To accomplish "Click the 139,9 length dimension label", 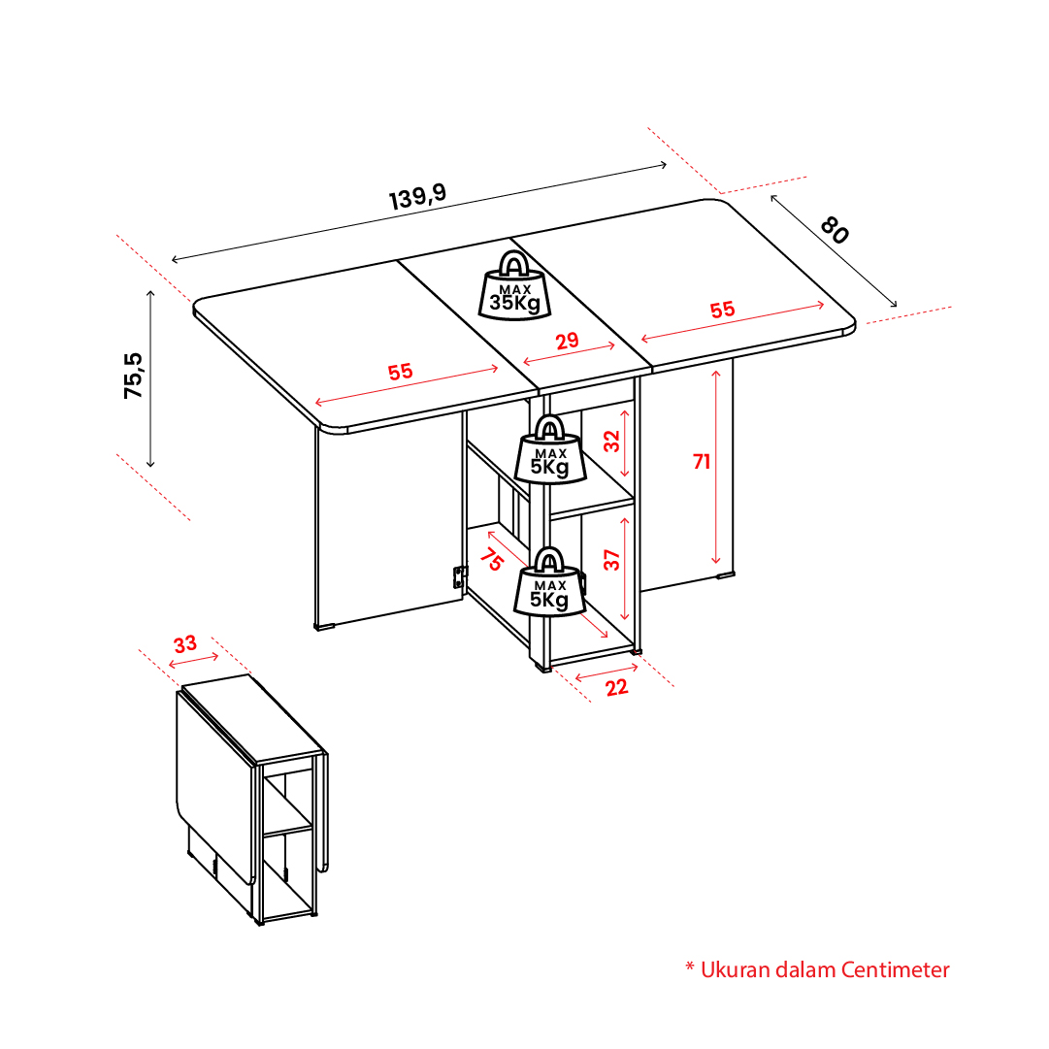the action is pyautogui.click(x=417, y=196).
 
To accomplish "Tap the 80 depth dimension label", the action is pyautogui.click(x=835, y=230).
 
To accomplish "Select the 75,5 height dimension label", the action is pyautogui.click(x=133, y=376).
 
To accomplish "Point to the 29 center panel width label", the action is pyautogui.click(x=568, y=342).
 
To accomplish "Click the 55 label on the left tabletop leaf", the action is pyautogui.click(x=400, y=372).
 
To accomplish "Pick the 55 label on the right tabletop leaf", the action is pyautogui.click(x=723, y=310).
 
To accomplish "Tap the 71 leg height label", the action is pyautogui.click(x=702, y=462).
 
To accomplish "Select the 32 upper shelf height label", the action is pyautogui.click(x=612, y=441).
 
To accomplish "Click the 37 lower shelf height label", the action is pyautogui.click(x=612, y=559).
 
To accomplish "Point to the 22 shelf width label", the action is pyautogui.click(x=617, y=688).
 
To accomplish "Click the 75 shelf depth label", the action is pyautogui.click(x=491, y=559).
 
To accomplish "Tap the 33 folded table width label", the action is pyautogui.click(x=185, y=644).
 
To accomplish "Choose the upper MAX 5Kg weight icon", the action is pyautogui.click(x=550, y=449).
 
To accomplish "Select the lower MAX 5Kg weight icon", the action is pyautogui.click(x=550, y=581).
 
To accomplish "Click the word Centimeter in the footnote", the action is pyautogui.click(x=895, y=969).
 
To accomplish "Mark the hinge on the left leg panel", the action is pyautogui.click(x=460, y=576).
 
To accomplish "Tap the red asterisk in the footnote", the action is pyautogui.click(x=690, y=967).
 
